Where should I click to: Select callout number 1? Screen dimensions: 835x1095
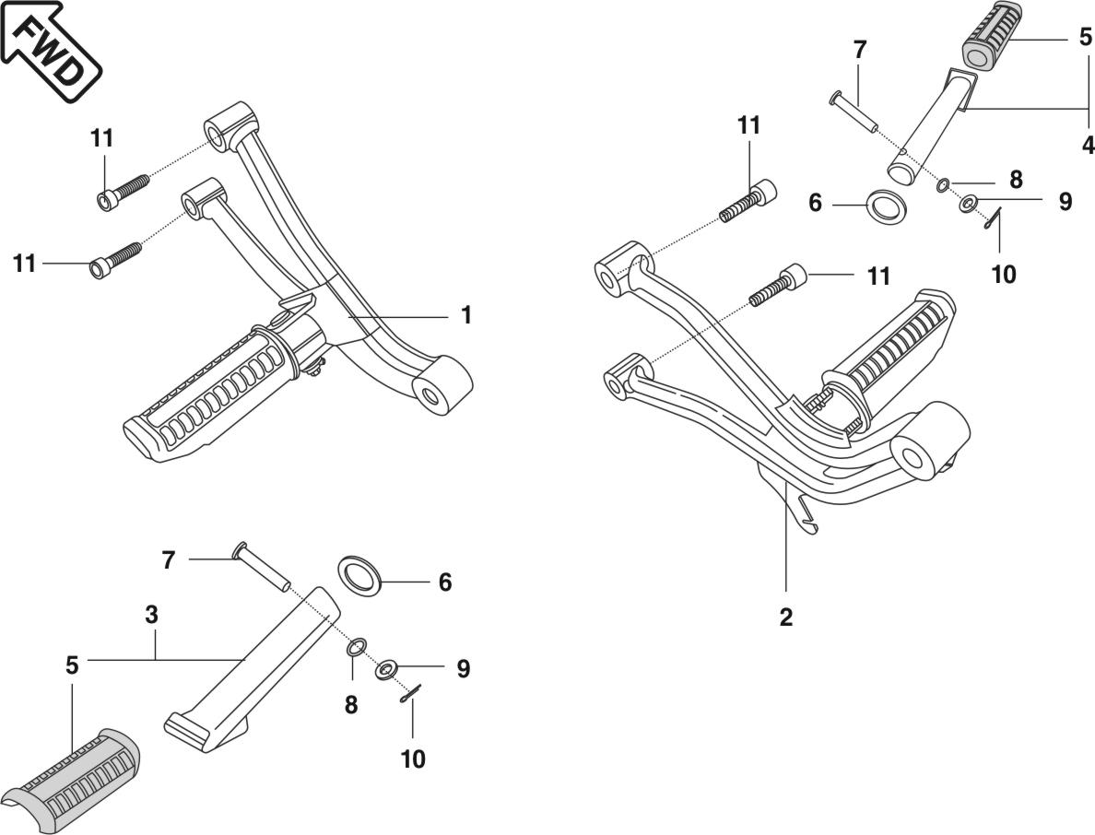(x=466, y=315)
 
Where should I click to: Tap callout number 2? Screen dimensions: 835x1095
(x=785, y=617)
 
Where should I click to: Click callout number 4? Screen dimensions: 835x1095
(x=1088, y=145)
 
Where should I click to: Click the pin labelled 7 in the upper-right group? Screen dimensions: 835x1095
(x=854, y=112)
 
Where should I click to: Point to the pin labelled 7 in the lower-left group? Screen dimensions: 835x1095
(x=263, y=567)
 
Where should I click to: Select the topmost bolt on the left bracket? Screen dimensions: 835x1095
(x=124, y=190)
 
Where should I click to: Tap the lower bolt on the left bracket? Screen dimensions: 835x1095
(x=115, y=258)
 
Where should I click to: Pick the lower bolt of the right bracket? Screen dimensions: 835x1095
(x=779, y=285)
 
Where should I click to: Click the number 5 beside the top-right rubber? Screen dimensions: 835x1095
(x=1085, y=40)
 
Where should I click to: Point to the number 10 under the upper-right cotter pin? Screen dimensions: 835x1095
(x=1003, y=274)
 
